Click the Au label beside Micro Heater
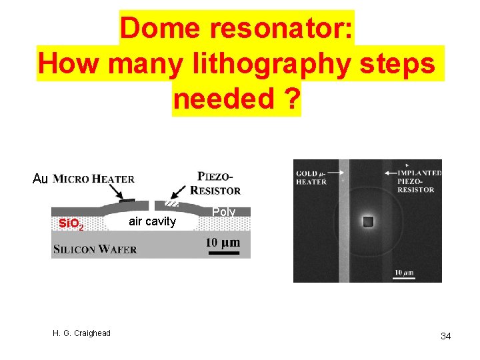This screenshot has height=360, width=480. coord(40,179)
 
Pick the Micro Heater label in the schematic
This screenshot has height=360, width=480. coord(93,179)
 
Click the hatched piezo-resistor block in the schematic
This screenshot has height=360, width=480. coord(173,202)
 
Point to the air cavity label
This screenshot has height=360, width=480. coord(152,221)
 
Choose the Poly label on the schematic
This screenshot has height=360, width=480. coord(223,212)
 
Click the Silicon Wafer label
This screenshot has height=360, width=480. coord(95,249)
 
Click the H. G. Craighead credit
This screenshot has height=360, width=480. coord(83,333)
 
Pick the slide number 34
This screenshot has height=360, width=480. coord(445,336)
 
